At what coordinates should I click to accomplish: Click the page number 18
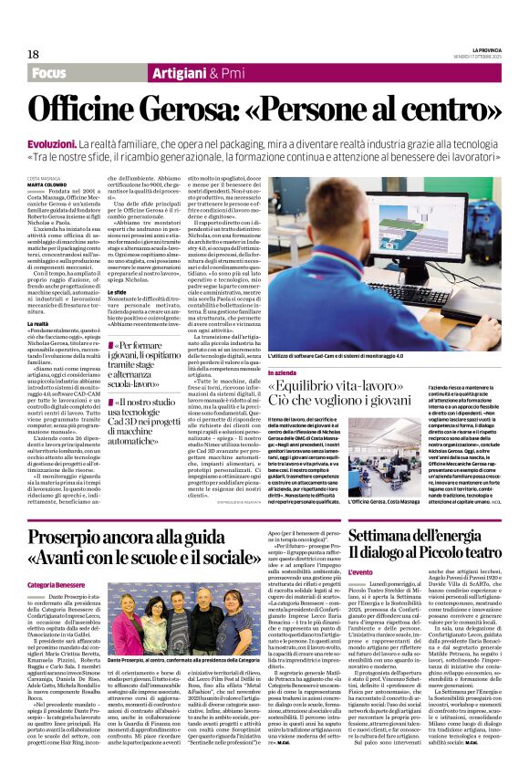pyautogui.click(x=34, y=54)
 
